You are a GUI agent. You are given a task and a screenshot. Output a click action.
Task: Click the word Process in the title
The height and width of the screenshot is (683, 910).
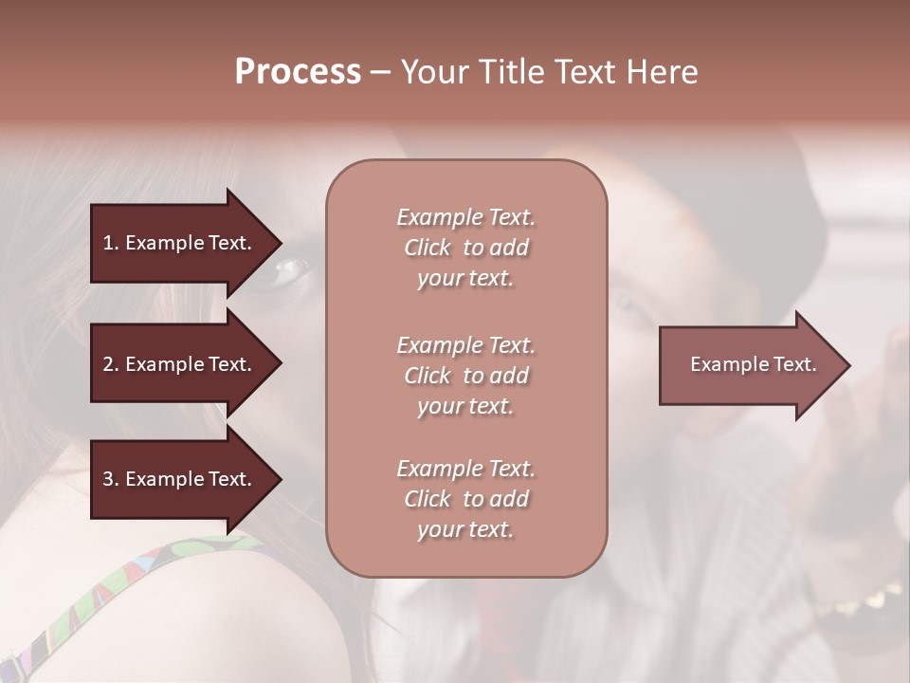point(298,72)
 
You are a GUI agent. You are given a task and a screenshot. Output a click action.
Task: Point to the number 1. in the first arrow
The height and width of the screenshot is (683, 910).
point(110,243)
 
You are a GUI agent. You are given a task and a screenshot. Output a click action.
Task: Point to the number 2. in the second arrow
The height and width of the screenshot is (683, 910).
point(110,364)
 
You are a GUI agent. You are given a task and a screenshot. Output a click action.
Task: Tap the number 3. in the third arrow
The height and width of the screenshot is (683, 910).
point(110,479)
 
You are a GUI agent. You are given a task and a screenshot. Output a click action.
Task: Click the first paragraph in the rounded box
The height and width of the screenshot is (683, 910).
point(465,248)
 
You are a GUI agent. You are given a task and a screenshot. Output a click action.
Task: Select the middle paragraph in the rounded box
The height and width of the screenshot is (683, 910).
point(465,376)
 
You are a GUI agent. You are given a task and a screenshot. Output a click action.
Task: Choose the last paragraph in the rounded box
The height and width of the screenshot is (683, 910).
point(465,499)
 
